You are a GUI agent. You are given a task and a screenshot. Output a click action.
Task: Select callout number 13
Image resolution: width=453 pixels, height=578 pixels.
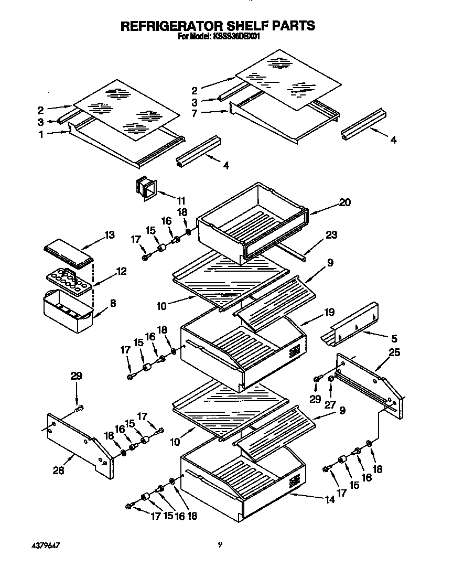[x=109, y=235]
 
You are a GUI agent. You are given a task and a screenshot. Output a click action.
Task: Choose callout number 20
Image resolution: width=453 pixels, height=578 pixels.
[x=344, y=202]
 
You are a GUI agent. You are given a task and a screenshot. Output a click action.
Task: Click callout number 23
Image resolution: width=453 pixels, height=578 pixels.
[x=331, y=236]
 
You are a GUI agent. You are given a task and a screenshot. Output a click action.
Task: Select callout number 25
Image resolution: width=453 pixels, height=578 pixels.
[x=394, y=353]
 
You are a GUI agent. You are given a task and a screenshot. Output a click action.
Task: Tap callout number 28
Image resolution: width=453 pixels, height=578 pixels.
[x=58, y=471]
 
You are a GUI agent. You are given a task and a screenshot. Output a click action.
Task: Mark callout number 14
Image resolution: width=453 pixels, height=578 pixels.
[x=329, y=500]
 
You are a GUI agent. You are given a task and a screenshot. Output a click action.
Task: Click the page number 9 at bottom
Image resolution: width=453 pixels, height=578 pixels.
[x=220, y=545]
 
